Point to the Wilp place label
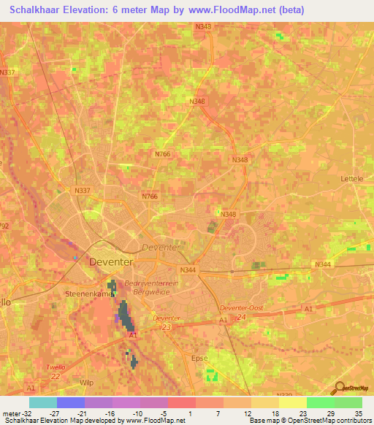click(86, 381)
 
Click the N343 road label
click(203, 27)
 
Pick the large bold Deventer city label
click(111, 261)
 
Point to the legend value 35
click(358, 413)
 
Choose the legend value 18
click(275, 413)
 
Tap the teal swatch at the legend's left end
click(42, 402)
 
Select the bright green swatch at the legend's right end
click(348, 402)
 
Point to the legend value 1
click(191, 413)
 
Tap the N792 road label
click(4, 226)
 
